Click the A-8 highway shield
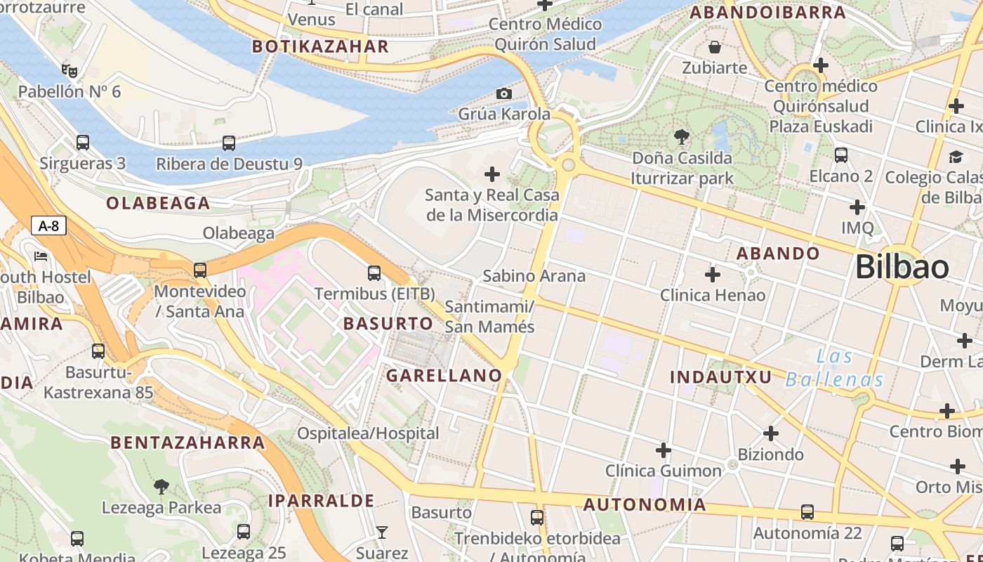[48, 226]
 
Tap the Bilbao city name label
[902, 268]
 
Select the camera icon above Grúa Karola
[503, 93]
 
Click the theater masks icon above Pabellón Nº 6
[69, 70]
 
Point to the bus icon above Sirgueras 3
[83, 143]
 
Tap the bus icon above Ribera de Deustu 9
[229, 143]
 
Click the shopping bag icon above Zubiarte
[715, 47]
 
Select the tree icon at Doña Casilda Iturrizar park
[681, 136]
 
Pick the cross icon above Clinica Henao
[713, 274]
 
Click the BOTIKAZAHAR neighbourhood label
[320, 47]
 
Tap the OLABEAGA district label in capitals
[158, 204]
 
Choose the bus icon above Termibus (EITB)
[374, 273]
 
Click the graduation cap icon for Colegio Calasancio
[956, 157]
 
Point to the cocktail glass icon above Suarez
[382, 532]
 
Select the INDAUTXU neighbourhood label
[720, 377]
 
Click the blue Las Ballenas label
[834, 369]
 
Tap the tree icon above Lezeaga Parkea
[161, 486]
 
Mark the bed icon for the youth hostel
[41, 256]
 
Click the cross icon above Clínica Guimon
[663, 450]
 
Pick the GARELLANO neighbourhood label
[444, 376]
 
